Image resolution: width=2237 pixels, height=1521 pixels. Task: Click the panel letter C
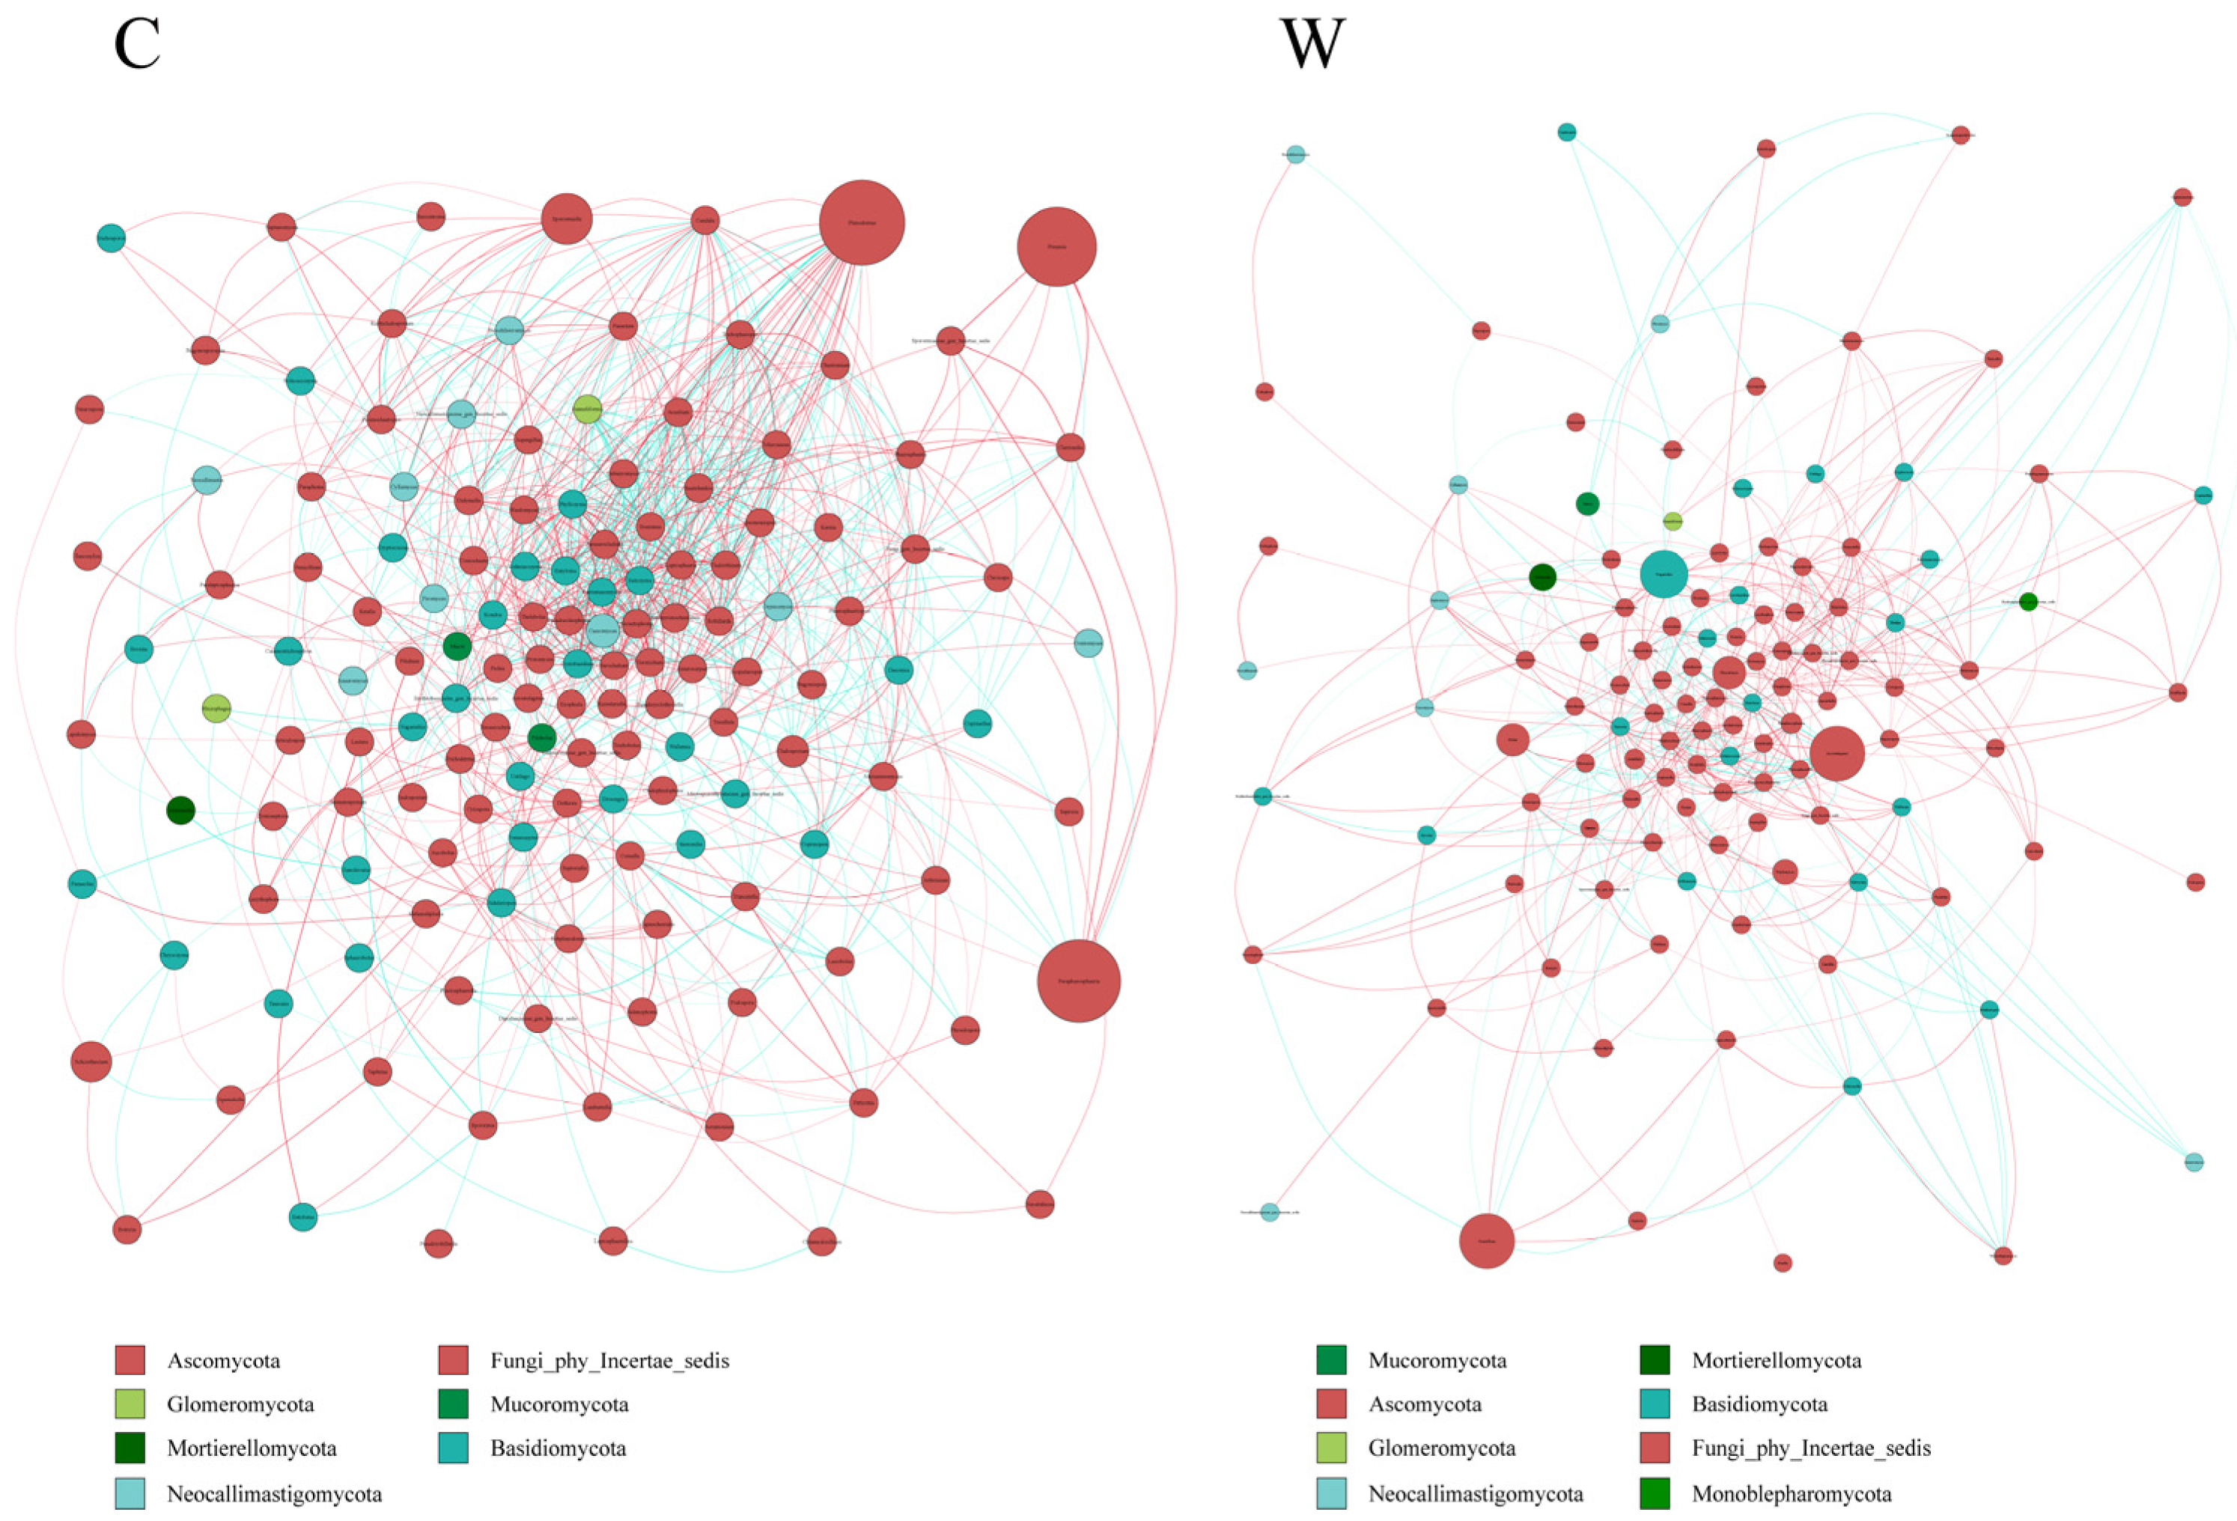click(x=137, y=45)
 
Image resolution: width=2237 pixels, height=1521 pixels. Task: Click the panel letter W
click(x=1311, y=45)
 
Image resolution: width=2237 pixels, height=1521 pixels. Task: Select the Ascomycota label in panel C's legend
click(x=223, y=1360)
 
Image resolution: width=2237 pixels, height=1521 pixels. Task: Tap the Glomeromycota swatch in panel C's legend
click(x=130, y=1403)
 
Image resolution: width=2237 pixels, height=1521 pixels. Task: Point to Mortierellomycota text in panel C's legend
click(x=252, y=1448)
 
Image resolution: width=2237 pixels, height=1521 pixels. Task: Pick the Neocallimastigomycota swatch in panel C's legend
click(x=130, y=1493)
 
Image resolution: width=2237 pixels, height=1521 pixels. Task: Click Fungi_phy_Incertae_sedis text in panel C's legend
click(x=609, y=1360)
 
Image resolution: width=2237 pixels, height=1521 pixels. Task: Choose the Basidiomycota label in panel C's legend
click(x=559, y=1448)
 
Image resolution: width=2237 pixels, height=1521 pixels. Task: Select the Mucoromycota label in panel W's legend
click(x=1437, y=1360)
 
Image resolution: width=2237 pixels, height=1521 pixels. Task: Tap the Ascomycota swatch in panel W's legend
click(x=1331, y=1403)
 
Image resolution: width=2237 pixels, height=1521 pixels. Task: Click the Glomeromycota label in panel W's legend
click(x=1441, y=1448)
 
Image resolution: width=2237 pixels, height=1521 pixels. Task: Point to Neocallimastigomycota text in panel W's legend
click(x=1476, y=1494)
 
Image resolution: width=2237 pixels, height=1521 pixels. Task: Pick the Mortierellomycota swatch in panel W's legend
click(x=1655, y=1360)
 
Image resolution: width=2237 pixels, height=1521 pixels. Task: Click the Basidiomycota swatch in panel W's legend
click(x=1655, y=1403)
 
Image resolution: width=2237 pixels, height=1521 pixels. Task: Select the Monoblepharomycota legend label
click(x=1792, y=1494)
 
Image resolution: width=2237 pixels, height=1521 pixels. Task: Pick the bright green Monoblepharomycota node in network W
click(x=2028, y=602)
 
